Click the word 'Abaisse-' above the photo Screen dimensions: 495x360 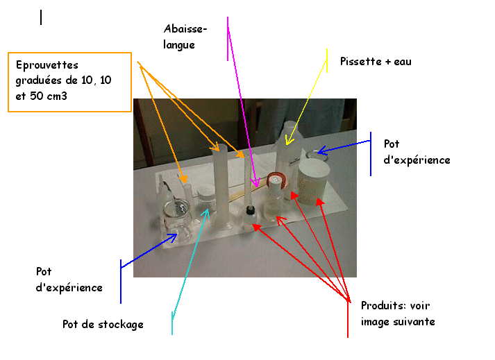point(185,29)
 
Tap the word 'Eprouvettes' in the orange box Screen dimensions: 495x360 point(47,65)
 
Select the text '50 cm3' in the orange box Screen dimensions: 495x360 point(49,96)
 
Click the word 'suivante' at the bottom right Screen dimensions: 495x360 point(414,322)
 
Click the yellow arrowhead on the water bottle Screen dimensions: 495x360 point(289,140)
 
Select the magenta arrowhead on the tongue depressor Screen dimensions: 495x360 point(256,182)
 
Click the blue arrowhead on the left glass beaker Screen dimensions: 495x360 point(173,237)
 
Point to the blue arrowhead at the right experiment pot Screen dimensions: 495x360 point(321,151)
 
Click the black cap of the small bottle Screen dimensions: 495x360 point(251,209)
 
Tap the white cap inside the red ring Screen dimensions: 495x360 point(276,180)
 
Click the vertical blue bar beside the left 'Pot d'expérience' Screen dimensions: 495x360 point(121,282)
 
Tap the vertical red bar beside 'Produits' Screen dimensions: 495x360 point(348,318)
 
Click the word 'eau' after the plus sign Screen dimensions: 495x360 point(403,62)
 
